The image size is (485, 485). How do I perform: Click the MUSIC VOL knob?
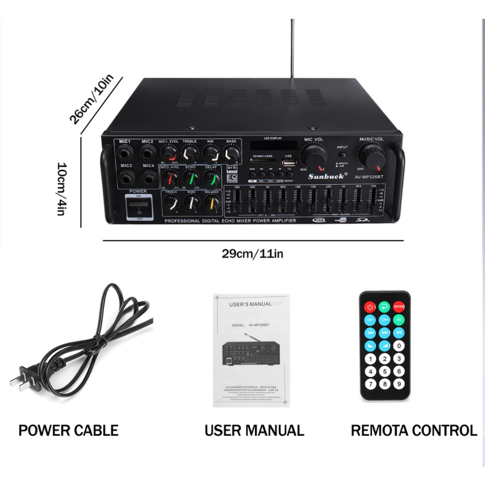click(x=371, y=155)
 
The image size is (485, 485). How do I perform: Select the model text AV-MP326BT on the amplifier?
click(x=370, y=177)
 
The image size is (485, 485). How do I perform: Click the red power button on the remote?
click(x=370, y=307)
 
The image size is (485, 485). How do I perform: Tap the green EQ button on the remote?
click(x=399, y=319)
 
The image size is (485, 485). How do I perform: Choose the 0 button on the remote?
click(x=399, y=346)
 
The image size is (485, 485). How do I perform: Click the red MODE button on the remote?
click(x=400, y=307)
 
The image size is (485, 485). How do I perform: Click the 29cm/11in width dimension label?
click(x=252, y=254)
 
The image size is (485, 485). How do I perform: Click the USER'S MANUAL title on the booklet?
click(x=250, y=304)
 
